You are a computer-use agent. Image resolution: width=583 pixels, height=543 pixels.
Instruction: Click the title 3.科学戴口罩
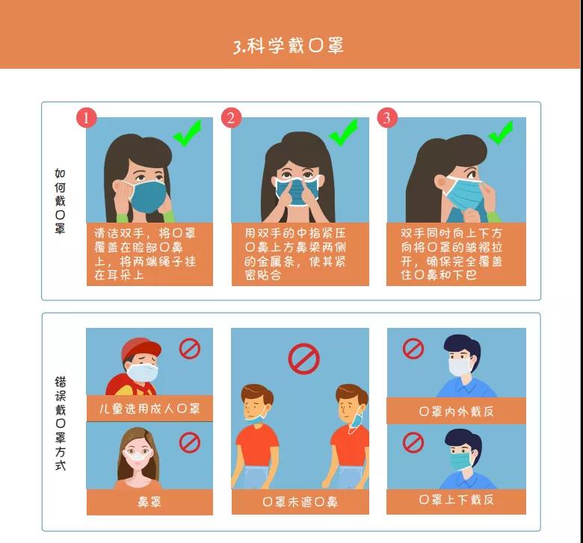[289, 46]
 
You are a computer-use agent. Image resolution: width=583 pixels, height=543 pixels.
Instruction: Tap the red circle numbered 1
[87, 118]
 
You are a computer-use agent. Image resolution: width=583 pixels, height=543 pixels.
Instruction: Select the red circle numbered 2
[231, 118]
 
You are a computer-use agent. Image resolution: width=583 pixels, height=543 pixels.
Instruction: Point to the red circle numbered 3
[387, 118]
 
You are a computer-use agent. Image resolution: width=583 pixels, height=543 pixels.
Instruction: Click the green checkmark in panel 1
[188, 133]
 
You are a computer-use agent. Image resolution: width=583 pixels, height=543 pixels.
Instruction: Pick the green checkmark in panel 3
[501, 133]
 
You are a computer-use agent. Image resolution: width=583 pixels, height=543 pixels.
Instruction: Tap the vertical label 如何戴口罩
[61, 201]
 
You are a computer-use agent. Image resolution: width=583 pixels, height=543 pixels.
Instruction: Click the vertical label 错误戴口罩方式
[61, 423]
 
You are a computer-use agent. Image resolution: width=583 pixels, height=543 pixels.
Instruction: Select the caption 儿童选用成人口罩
[149, 409]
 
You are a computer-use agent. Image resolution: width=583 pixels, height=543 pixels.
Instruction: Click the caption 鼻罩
[149, 502]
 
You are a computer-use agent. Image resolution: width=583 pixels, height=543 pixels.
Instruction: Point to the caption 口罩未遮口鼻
[300, 502]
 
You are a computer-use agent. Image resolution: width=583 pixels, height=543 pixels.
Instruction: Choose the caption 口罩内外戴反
[456, 411]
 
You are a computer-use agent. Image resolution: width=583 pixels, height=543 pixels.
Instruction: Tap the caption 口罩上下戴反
[456, 500]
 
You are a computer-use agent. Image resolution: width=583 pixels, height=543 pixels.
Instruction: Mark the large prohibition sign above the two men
[303, 359]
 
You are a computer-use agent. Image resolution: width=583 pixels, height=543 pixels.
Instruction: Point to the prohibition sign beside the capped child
[190, 349]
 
